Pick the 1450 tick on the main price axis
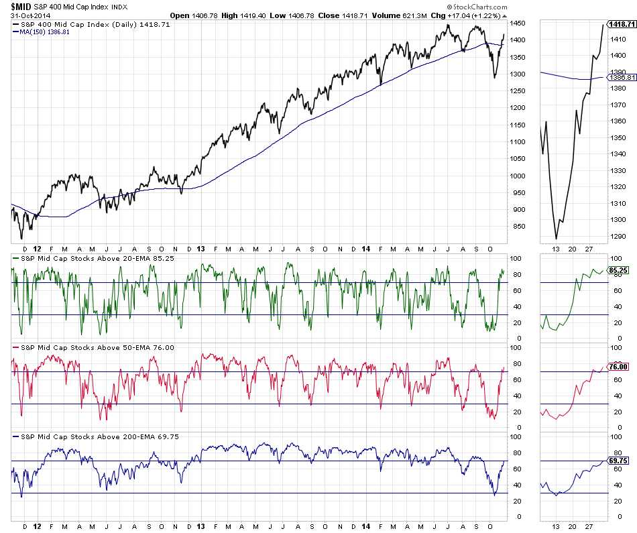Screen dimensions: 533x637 pos(518,23)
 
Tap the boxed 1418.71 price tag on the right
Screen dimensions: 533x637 pos(622,23)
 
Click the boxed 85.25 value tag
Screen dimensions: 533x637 pos(619,270)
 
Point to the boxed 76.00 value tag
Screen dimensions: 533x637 pos(619,366)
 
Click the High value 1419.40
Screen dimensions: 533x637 pos(244,15)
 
